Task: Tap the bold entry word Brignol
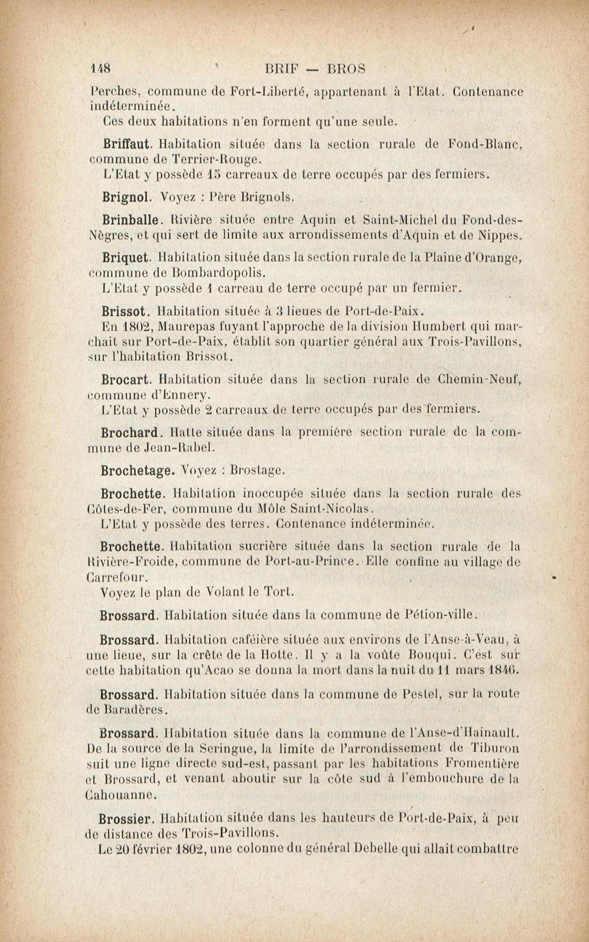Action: coord(126,197)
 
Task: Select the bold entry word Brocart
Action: coord(125,379)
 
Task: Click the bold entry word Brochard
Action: coord(129,433)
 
